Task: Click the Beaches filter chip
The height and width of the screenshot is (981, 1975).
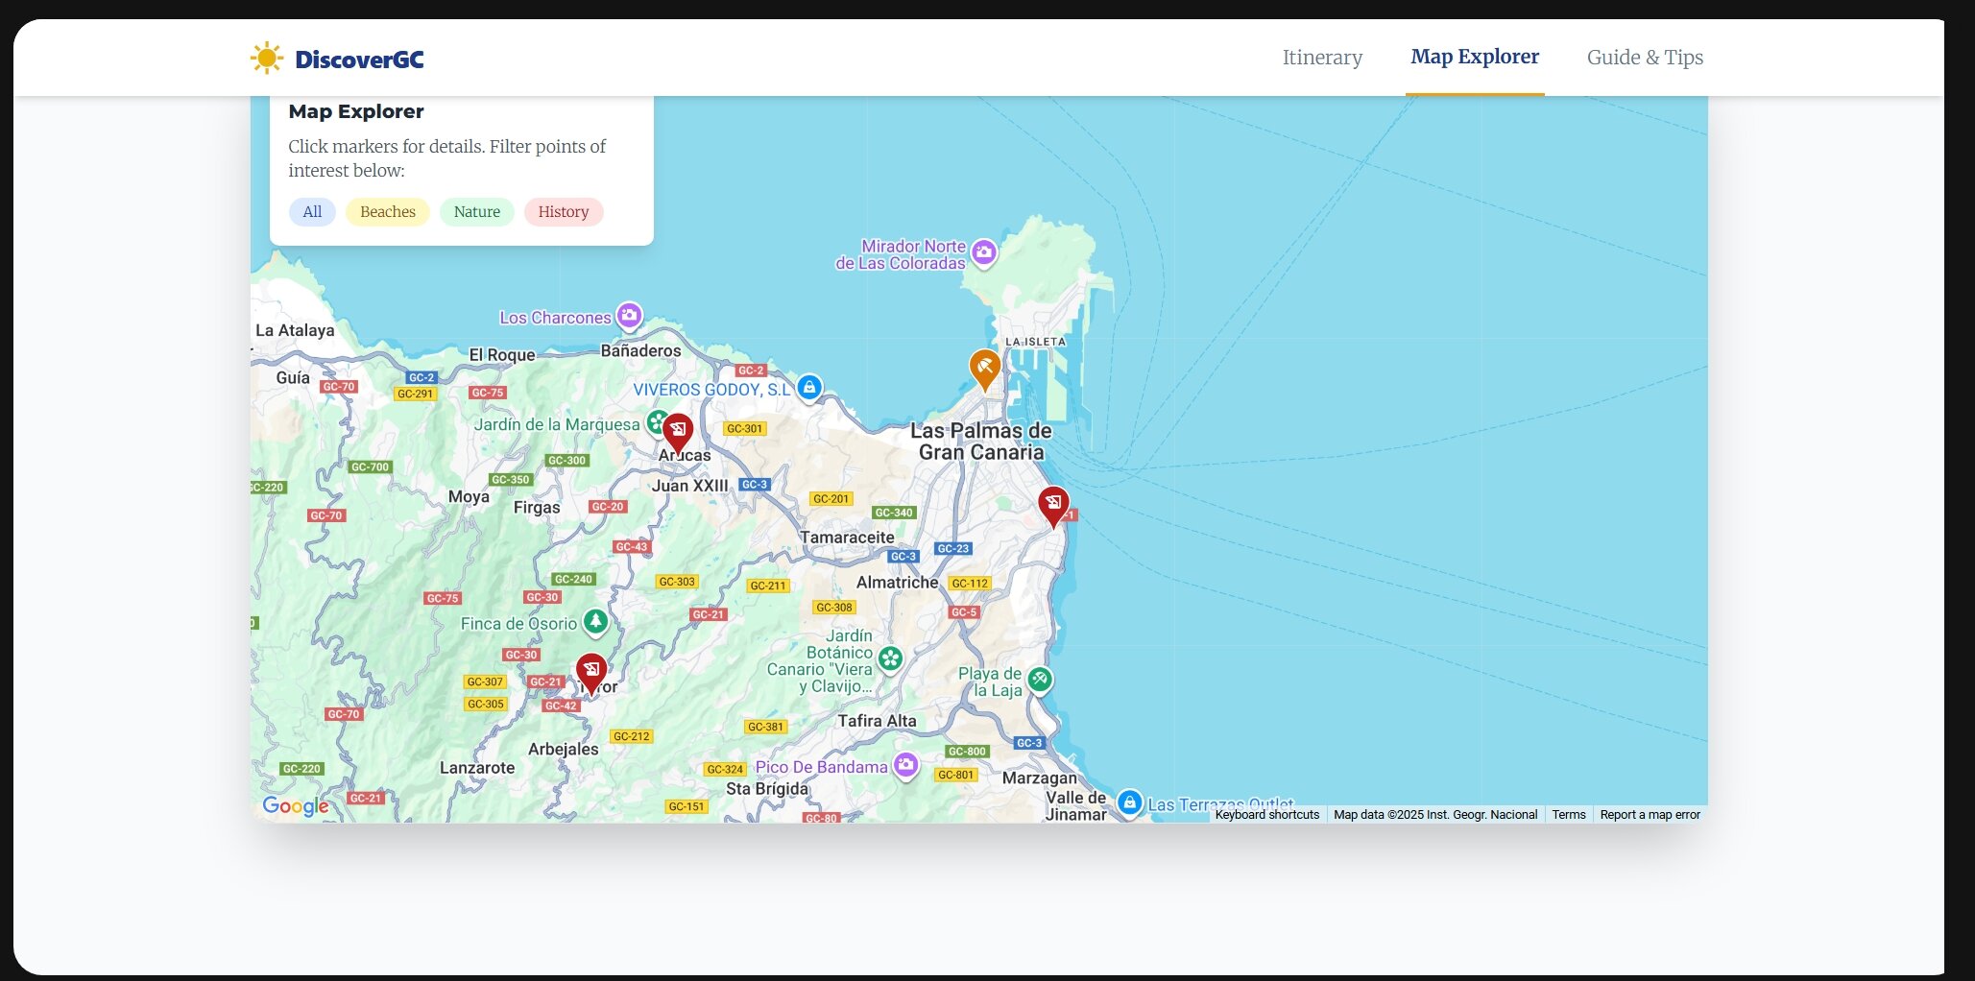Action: pos(387,212)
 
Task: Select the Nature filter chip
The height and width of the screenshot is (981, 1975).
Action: pos(476,212)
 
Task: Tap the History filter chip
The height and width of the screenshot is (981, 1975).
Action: pos(563,212)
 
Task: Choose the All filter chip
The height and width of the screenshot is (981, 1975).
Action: pos(312,212)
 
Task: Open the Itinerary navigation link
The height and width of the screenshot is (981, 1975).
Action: pos(1322,58)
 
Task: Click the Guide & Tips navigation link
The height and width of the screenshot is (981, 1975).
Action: pos(1645,58)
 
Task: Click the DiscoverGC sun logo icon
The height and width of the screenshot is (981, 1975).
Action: pos(266,59)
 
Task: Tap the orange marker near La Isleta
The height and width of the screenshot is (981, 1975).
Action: pos(984,368)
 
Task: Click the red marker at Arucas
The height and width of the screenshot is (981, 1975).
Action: pos(678,431)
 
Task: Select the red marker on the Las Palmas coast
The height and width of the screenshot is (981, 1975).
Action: pos(1053,504)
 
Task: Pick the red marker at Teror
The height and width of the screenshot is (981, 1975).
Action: pos(590,670)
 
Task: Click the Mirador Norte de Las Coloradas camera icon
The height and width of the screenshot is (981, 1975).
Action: pos(983,252)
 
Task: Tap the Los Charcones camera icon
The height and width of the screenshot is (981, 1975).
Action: pos(629,315)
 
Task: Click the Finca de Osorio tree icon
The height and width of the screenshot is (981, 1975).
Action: pos(596,622)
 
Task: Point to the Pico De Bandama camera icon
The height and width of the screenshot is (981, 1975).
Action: pos(905,765)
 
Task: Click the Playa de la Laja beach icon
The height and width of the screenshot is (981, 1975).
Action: pos(1040,680)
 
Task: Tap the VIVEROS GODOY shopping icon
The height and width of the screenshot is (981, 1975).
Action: pos(809,387)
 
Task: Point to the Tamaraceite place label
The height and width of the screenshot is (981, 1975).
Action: pos(847,538)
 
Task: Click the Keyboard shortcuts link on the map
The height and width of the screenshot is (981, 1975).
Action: pos(1266,815)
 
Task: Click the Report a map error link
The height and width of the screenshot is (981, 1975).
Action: pos(1650,815)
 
